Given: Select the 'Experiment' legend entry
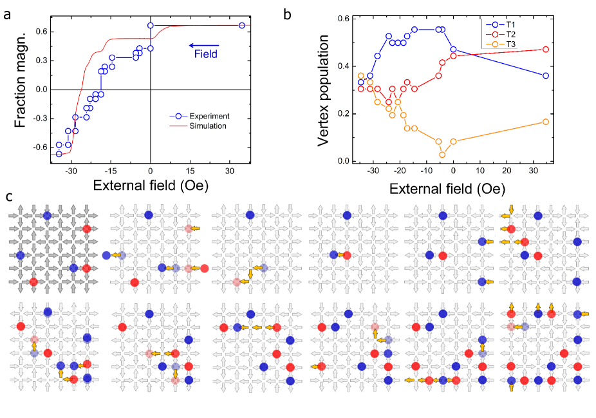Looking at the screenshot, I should (x=207, y=116).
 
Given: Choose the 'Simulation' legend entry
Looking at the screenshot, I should (x=207, y=126).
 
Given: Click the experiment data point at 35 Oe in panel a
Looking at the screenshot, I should (x=241, y=25).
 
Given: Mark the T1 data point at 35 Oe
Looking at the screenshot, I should (x=546, y=75).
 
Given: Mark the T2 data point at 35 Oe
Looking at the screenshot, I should (x=546, y=50).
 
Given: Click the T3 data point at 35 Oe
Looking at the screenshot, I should (x=546, y=122).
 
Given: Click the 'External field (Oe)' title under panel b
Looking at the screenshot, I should (x=447, y=189).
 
